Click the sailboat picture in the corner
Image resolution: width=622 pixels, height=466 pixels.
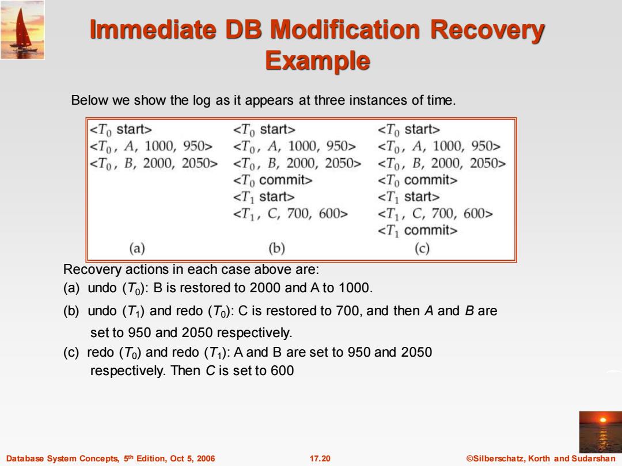tap(22, 30)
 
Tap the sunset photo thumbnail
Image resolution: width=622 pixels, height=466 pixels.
tap(601, 432)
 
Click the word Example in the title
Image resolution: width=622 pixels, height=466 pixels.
tap(317, 60)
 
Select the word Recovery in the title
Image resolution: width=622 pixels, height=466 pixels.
tap(488, 30)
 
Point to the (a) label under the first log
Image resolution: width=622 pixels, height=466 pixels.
tap(137, 249)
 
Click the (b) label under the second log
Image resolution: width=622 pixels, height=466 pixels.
tap(276, 249)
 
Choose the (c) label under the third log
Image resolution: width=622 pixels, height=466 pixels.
tap(422, 249)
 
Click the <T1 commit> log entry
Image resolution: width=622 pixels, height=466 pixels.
tap(418, 231)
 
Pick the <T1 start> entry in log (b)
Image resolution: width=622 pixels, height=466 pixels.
tap(263, 197)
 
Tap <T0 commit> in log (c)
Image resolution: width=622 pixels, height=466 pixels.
tap(418, 180)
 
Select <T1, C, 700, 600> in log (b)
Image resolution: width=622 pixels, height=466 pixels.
tap(290, 214)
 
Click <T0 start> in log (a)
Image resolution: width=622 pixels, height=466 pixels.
tap(120, 129)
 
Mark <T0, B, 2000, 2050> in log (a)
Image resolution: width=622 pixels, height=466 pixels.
tap(154, 163)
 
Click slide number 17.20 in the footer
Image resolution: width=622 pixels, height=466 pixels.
tap(320, 459)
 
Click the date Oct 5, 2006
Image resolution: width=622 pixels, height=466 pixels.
tap(192, 459)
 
